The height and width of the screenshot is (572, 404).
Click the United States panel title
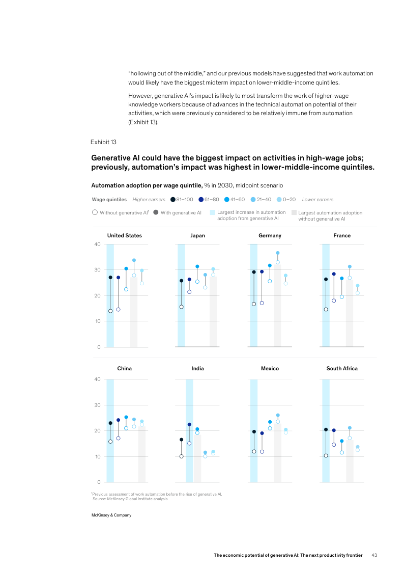click(x=124, y=236)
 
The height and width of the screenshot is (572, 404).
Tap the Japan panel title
click(x=197, y=236)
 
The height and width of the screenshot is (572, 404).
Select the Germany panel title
click(x=270, y=236)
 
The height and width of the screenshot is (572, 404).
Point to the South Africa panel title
click(x=342, y=368)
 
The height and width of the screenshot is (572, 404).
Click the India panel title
click(x=197, y=368)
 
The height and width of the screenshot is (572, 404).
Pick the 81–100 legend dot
click(x=173, y=200)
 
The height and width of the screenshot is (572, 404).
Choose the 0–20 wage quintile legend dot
click(x=280, y=200)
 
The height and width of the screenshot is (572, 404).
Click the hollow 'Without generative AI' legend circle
click(x=95, y=212)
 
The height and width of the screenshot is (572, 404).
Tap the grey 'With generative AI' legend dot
click(x=156, y=212)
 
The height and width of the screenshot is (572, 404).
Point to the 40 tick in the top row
click(x=97, y=244)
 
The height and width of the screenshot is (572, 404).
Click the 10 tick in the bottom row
click(x=97, y=456)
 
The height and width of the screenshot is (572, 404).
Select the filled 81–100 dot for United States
click(x=110, y=278)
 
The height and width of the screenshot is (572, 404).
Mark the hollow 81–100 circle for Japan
click(x=181, y=307)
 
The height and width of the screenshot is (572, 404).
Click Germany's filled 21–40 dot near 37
click(x=278, y=253)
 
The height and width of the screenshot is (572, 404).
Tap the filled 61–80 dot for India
click(x=189, y=424)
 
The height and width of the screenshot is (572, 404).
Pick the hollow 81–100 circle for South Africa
click(x=326, y=455)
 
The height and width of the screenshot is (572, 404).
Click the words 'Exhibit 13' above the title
click(x=103, y=142)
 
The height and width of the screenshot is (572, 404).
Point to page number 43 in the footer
click(x=374, y=555)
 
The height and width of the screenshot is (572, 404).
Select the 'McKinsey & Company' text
click(x=111, y=515)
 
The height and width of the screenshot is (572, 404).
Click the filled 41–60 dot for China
click(x=126, y=417)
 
